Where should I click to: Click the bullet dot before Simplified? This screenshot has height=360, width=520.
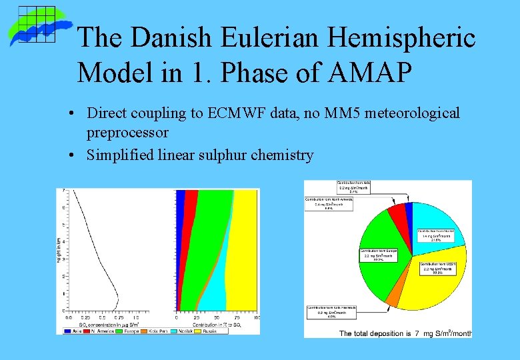tap(71, 155)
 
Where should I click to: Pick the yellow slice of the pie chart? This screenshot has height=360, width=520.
tap(427, 287)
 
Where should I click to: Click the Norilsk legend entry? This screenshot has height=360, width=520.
tap(183, 330)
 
